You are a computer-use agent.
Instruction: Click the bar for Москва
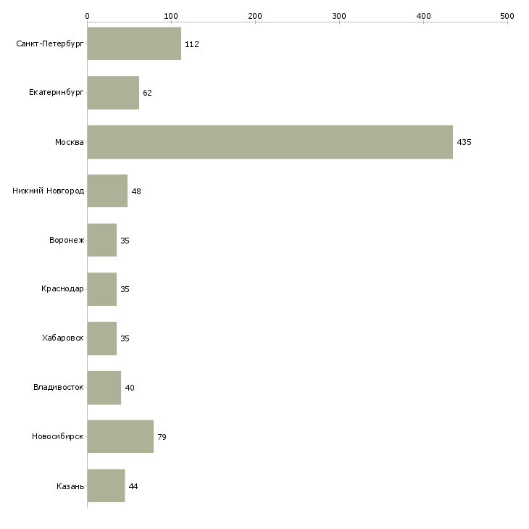point(270,142)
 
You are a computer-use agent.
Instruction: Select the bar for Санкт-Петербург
point(134,44)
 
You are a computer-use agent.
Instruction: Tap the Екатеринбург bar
point(113,93)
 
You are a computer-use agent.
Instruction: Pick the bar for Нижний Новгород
point(107,191)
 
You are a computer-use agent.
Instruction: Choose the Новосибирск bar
point(120,436)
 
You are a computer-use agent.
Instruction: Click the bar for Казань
point(106,486)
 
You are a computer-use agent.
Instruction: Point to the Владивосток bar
point(104,388)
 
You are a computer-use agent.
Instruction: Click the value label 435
point(464,142)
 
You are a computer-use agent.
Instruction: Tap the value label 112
point(191,44)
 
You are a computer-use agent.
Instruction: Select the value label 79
point(162,437)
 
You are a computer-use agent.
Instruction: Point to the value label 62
point(147,93)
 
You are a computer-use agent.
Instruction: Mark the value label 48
point(136,191)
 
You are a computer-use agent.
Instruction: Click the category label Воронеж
point(67,241)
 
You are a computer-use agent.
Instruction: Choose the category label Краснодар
point(62,289)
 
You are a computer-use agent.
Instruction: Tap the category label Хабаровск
point(62,338)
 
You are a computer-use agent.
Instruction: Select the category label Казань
point(70,486)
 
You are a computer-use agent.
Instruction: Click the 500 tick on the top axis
point(507,15)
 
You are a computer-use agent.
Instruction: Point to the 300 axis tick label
point(339,15)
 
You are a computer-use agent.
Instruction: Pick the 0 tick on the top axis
point(87,15)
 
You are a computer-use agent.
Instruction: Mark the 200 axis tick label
point(255,15)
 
